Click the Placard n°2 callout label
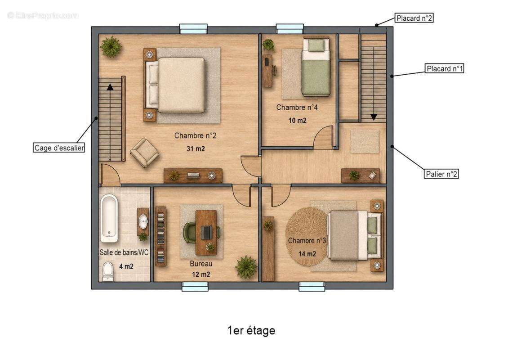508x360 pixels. [414, 18]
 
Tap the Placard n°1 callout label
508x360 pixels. [445, 68]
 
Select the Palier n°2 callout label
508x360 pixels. [441, 174]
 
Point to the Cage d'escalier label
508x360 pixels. [59, 148]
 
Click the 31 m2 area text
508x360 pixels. [196, 148]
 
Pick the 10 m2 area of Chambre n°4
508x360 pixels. [298, 120]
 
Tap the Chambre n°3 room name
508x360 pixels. [307, 240]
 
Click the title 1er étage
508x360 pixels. [251, 330]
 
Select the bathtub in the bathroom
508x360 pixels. [109, 218]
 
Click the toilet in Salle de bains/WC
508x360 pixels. [108, 271]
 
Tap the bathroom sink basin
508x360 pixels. [143, 222]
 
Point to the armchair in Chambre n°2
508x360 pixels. [144, 153]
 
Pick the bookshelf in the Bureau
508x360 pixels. [160, 236]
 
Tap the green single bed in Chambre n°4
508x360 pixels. [316, 67]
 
